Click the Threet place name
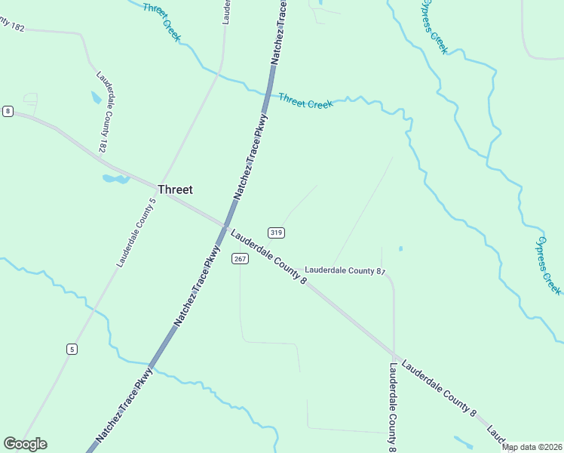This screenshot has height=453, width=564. [175, 190]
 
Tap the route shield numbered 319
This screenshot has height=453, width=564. [276, 233]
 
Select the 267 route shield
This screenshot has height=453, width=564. [240, 259]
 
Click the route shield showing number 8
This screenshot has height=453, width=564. [8, 111]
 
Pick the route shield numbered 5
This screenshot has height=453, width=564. [72, 349]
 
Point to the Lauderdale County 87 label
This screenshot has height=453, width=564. [345, 270]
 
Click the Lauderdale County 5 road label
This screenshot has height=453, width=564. [136, 233]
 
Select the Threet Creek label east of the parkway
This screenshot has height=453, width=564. [305, 101]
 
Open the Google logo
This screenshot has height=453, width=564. [25, 444]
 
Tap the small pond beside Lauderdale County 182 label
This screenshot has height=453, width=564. [96, 97]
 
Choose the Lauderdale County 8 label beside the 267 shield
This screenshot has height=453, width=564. [269, 258]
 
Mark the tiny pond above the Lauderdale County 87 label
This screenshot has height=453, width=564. [400, 248]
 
